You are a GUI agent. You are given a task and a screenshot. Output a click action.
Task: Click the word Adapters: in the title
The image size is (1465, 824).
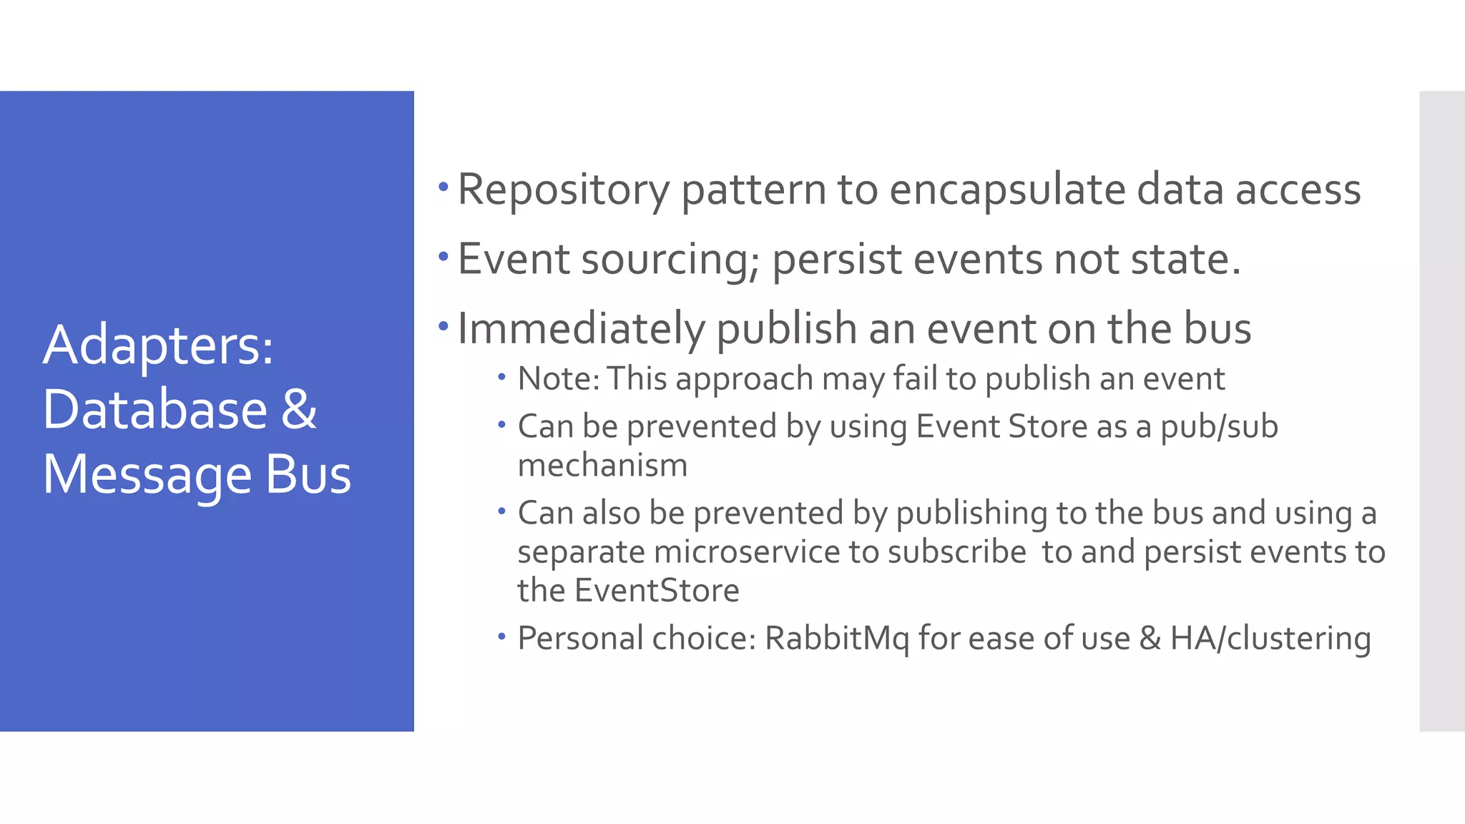[158, 345]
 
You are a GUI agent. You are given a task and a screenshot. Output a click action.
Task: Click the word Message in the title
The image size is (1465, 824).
[147, 475]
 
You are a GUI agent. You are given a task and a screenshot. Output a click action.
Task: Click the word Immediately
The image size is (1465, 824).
[581, 329]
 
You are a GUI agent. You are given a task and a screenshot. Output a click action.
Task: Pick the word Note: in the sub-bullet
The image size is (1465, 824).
[559, 378]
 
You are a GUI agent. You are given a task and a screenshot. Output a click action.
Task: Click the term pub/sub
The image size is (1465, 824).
[1219, 426]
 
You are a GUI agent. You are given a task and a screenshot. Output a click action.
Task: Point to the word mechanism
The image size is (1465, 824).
[602, 466]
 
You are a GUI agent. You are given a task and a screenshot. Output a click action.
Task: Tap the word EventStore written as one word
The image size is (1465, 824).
[657, 591]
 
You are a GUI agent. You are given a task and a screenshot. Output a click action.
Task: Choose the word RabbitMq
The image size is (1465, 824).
[836, 638]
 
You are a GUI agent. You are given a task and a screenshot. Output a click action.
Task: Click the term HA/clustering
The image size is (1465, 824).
[1270, 638]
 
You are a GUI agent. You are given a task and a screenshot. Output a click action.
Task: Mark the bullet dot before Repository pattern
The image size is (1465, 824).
[444, 188]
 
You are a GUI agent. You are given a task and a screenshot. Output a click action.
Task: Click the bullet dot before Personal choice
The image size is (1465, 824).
[502, 636]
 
